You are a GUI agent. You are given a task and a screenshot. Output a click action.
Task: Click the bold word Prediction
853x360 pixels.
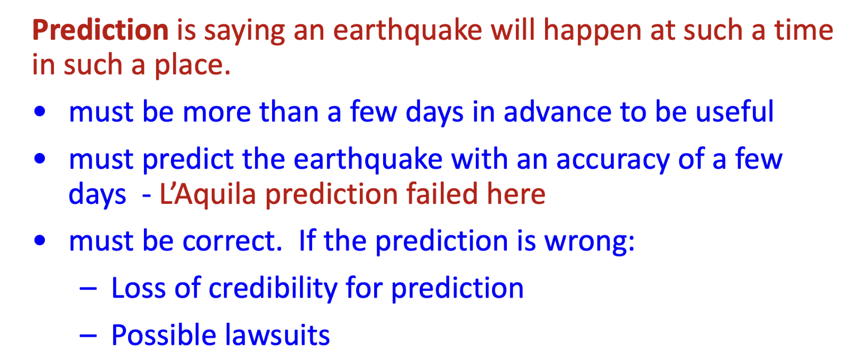[100, 30]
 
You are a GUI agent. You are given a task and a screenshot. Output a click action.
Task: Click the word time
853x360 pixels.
[804, 30]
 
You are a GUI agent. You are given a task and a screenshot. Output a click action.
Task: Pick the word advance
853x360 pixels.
[558, 112]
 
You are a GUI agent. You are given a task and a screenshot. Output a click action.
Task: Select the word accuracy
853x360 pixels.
[613, 161]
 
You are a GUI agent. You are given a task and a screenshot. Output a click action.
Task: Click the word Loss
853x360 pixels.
[139, 288]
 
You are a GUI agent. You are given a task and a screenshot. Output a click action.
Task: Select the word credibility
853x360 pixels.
[273, 288]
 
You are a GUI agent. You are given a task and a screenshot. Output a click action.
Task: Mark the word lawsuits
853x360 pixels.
[277, 335]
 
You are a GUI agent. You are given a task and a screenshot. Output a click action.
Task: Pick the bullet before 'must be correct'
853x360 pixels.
[40, 240]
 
